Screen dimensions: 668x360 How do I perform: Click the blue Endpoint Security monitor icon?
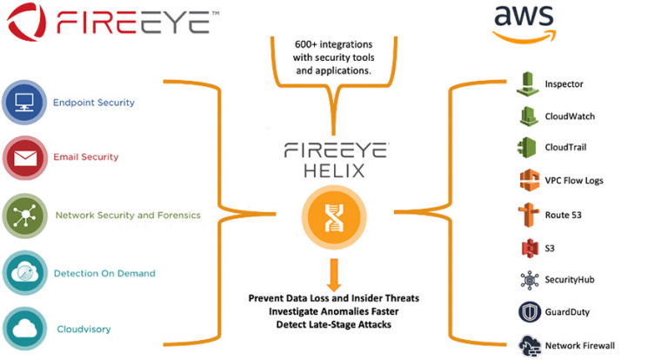[24, 103]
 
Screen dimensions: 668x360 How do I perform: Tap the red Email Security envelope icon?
[25, 157]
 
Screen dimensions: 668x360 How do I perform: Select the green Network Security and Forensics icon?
[24, 216]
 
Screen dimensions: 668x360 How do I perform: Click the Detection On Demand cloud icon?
[24, 273]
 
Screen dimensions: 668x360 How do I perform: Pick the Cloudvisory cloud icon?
[24, 329]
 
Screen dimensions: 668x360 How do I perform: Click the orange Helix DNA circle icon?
[334, 217]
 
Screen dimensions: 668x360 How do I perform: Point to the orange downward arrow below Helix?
[334, 275]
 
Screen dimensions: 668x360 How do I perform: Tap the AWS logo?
[524, 23]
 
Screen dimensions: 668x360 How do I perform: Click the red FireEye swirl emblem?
[26, 21]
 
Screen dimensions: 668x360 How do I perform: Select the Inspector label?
[564, 84]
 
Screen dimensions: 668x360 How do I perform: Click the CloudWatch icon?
[529, 116]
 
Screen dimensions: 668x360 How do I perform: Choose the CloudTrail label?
[565, 147]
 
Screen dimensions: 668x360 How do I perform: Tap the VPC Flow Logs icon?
[529, 180]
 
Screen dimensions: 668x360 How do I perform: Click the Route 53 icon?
[528, 215]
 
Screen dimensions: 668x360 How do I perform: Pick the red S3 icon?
[530, 249]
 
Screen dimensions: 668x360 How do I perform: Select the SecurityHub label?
[569, 279]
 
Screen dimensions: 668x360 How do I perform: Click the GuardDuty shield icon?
[530, 312]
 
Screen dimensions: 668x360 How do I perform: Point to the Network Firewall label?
[580, 345]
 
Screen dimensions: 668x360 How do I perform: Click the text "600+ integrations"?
[334, 44]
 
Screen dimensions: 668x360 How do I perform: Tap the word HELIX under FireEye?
[334, 170]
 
